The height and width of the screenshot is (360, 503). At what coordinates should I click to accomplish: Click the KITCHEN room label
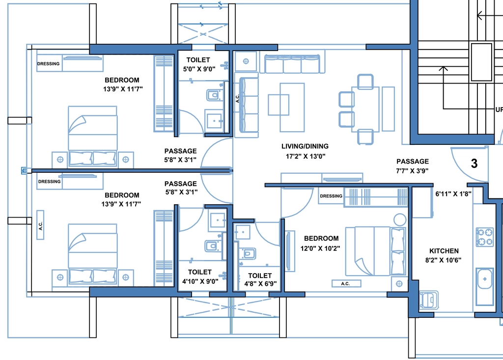pos(444,251)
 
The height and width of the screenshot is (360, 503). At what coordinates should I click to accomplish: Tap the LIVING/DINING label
pos(305,146)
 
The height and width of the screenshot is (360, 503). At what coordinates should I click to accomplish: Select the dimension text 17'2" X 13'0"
pos(306,156)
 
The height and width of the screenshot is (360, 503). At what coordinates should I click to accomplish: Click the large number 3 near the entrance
pos(474,164)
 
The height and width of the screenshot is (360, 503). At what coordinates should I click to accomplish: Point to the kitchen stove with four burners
pos(484,237)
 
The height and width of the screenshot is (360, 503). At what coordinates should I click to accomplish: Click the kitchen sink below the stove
pos(485,279)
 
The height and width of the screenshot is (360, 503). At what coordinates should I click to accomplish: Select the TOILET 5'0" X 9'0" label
pos(199,64)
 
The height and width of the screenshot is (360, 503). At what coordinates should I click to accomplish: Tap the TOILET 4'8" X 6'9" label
pos(260,280)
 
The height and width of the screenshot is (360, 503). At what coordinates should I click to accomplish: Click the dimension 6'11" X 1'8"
pos(453,194)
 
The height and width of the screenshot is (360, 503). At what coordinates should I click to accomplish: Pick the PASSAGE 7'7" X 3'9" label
pos(413,166)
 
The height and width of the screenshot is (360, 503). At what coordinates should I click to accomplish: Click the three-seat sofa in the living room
pos(292,63)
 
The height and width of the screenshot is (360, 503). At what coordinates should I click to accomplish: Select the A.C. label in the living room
pos(237,99)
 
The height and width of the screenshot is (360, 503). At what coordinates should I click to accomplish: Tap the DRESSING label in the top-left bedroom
pos(49,63)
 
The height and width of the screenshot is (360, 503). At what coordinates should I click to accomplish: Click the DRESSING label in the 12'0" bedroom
pos(331,196)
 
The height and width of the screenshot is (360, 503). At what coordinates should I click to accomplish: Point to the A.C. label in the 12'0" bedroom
pos(345,284)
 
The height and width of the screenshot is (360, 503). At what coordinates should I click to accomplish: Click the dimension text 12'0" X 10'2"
pos(320,249)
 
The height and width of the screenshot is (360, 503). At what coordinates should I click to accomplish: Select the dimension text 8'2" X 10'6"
pos(444,260)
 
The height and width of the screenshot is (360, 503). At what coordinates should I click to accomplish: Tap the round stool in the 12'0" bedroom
pos(400,220)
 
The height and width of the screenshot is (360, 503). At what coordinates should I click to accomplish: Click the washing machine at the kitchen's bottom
pos(428,300)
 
